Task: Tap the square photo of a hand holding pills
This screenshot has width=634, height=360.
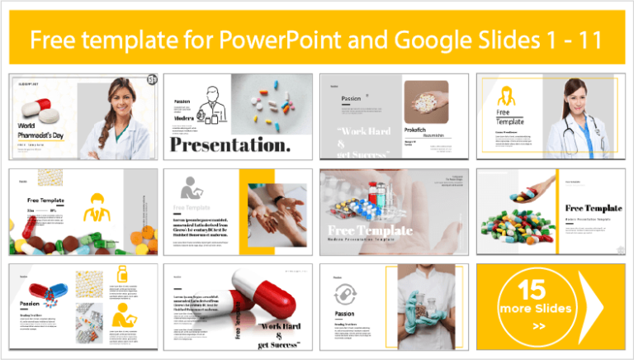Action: (x=426, y=102)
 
